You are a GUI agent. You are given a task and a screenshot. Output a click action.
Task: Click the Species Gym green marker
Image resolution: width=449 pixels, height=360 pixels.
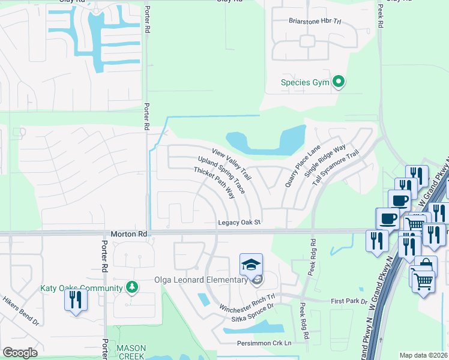click(x=339, y=82)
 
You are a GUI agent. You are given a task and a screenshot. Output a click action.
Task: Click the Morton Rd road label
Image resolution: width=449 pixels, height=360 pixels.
click(x=129, y=233)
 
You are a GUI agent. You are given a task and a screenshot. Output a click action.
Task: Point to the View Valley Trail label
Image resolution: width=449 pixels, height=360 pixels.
click(x=231, y=163)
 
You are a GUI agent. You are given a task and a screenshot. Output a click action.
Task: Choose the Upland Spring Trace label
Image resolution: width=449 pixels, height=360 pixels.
click(x=221, y=175)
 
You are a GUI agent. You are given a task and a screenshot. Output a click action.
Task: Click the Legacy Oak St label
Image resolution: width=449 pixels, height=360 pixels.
click(x=238, y=222)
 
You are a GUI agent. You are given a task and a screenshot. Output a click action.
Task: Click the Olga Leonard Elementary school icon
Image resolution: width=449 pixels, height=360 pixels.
click(x=251, y=264)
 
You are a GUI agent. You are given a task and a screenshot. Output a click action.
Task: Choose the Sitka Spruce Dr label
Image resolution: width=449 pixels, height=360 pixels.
click(x=248, y=306)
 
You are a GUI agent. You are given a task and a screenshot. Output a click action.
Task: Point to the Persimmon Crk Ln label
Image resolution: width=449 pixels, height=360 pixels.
click(x=264, y=343)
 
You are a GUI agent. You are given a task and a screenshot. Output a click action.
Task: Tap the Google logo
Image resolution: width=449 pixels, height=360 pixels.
click(x=20, y=352)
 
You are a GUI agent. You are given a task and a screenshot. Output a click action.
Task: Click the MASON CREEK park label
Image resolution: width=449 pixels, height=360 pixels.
click(x=131, y=352)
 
